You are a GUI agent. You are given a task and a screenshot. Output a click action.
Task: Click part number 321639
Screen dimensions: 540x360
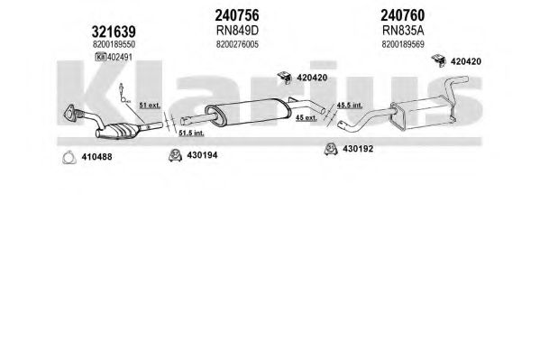click(114, 32)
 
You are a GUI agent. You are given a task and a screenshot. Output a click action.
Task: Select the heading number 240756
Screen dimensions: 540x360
click(237, 15)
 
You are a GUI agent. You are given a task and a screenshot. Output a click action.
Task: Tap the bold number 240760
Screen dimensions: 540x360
click(403, 15)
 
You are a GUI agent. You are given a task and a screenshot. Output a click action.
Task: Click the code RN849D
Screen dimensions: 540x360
click(237, 31)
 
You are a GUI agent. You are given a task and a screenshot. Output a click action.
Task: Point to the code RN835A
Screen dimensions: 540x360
click(403, 31)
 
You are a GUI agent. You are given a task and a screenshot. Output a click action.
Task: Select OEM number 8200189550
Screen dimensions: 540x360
click(114, 44)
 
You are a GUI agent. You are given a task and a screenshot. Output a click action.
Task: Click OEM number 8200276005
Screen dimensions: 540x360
click(237, 44)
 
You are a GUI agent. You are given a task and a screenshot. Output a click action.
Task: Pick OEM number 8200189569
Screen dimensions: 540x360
click(403, 44)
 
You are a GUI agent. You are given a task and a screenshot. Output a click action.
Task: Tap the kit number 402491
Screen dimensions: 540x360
click(120, 57)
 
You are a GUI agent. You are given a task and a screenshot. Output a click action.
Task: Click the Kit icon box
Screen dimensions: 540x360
click(101, 57)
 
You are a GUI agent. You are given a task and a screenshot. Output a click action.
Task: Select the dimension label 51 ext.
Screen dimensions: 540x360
click(150, 106)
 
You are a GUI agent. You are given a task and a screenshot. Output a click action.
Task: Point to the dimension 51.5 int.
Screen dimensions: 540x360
click(191, 133)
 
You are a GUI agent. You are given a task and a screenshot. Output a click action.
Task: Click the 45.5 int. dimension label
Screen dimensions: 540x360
click(350, 106)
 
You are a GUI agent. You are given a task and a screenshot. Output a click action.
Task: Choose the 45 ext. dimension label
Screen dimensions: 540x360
click(307, 117)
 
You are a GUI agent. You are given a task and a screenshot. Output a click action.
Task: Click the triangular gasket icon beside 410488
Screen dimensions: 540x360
click(69, 157)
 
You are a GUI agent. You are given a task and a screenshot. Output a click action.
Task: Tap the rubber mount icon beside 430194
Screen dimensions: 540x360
click(175, 155)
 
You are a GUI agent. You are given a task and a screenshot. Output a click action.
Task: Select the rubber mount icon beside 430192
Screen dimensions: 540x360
click(331, 149)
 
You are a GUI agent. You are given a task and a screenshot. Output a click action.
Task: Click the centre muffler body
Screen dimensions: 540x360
click(248, 111)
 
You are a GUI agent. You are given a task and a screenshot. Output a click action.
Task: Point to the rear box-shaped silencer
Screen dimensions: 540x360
click(423, 113)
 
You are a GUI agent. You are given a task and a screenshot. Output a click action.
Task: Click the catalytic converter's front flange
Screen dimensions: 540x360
click(70, 113)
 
